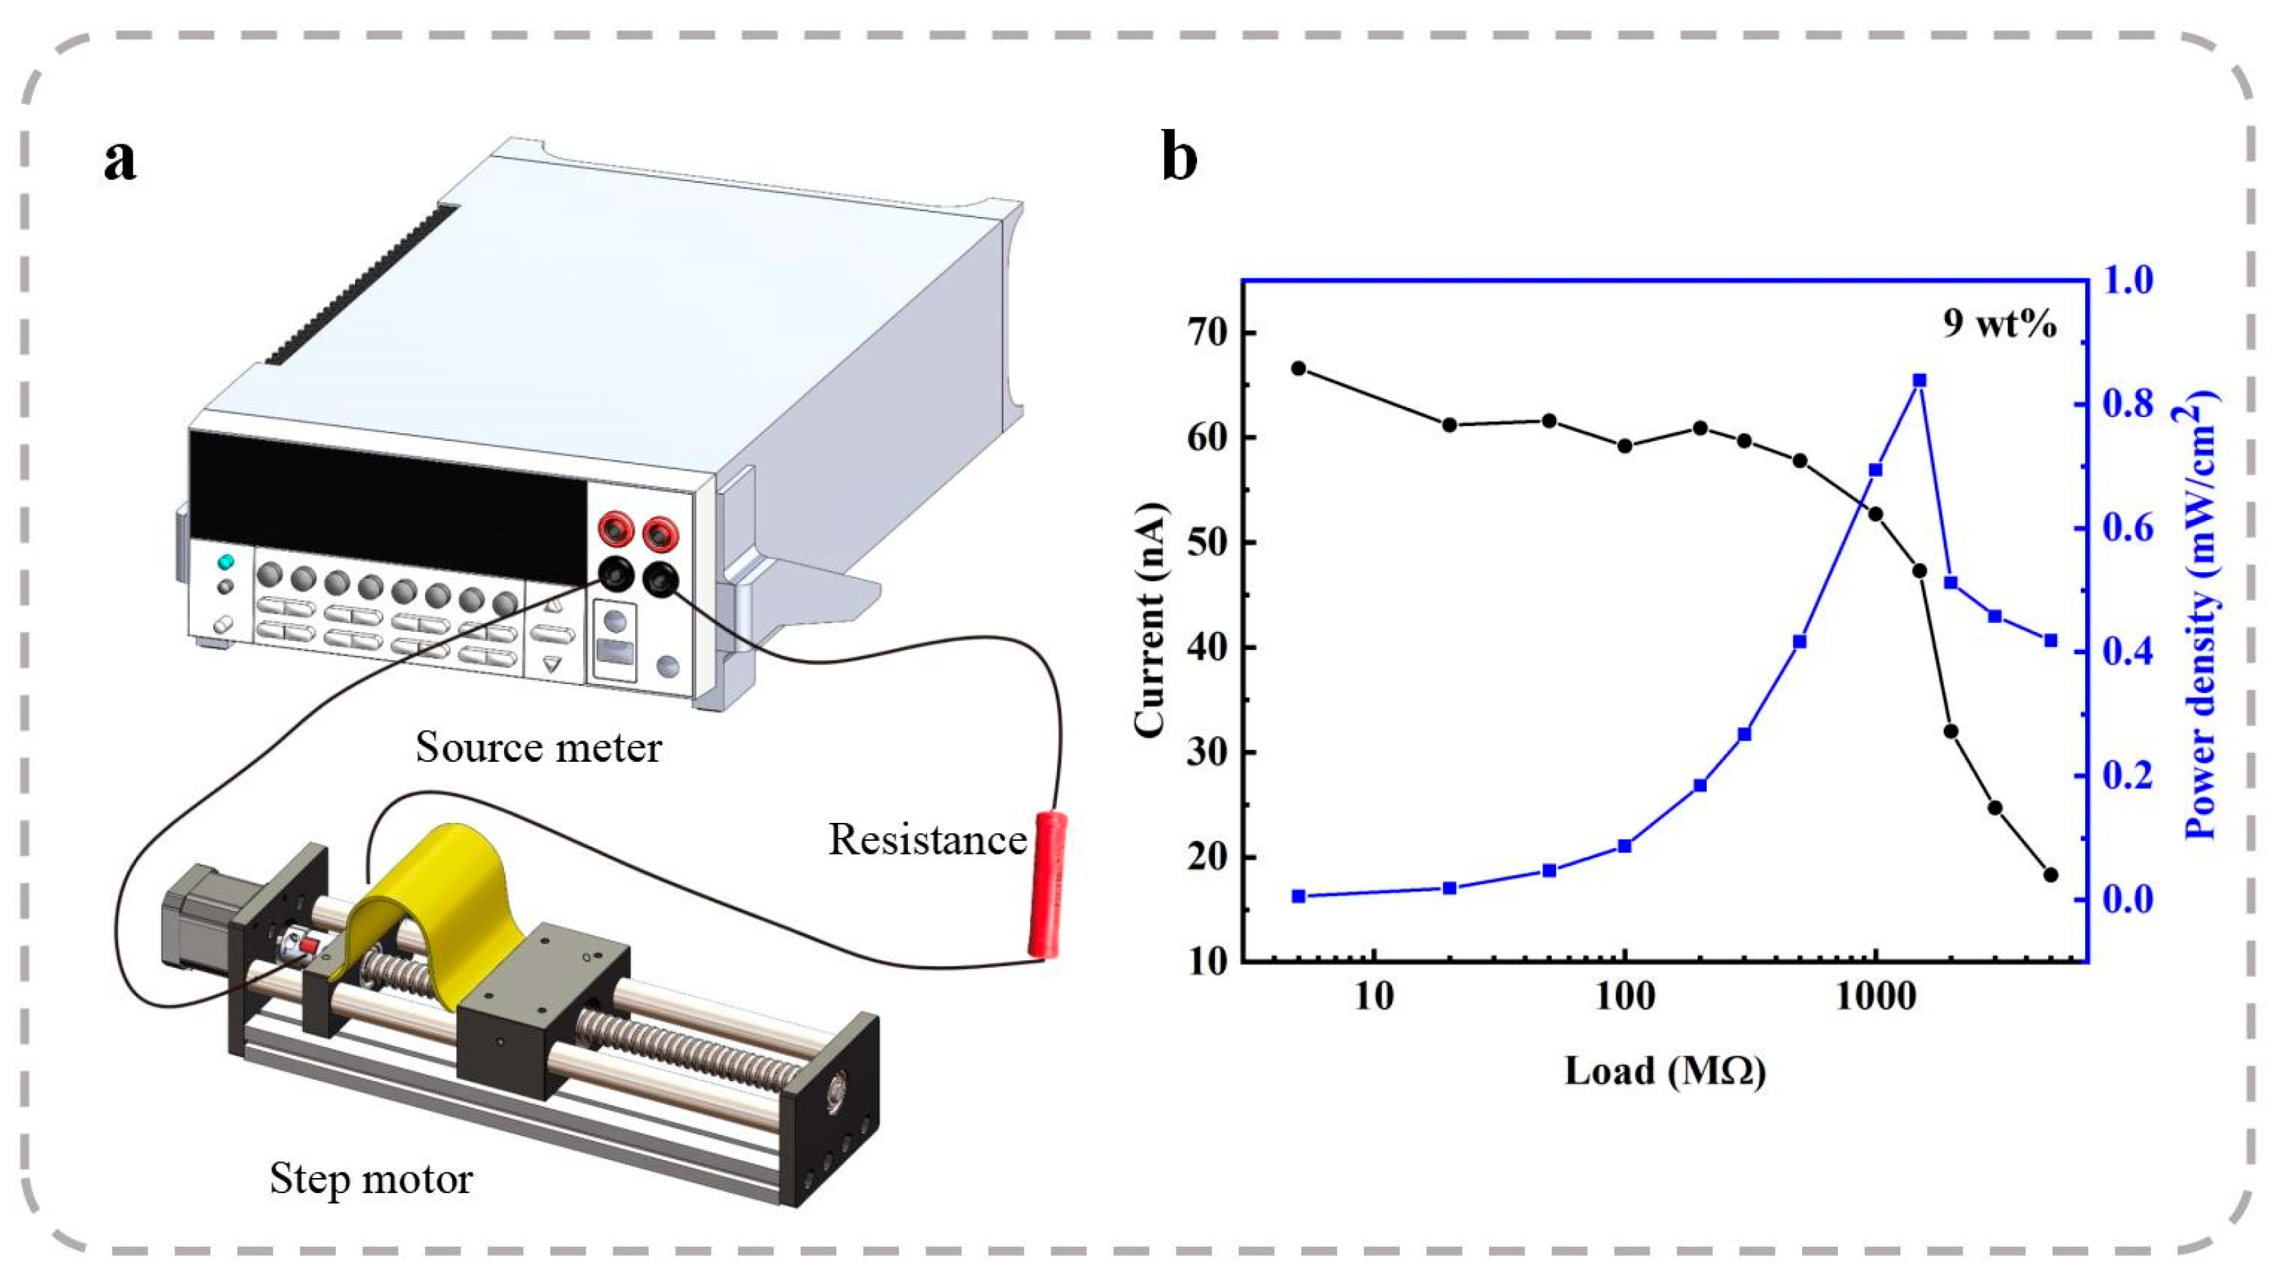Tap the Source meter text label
(538, 747)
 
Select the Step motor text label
(371, 1178)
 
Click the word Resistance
(927, 839)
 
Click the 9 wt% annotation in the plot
(1999, 325)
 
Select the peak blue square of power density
(1919, 380)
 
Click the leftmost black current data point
(1298, 367)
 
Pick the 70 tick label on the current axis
(1207, 334)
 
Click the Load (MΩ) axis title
(1665, 1072)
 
